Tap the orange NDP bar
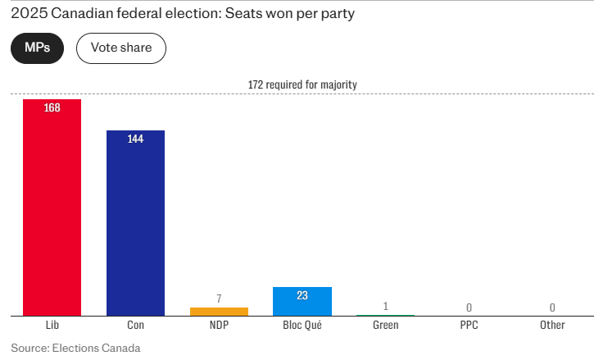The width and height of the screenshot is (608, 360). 219,312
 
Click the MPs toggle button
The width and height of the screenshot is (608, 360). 37,48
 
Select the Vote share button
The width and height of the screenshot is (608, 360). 120,48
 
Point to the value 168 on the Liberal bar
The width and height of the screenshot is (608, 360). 52,108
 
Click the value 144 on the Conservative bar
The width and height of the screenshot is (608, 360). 135,139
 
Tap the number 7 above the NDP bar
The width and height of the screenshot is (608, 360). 219,298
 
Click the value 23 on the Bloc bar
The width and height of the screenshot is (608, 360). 302,296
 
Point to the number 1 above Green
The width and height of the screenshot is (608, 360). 385,306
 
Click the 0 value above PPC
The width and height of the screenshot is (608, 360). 469,308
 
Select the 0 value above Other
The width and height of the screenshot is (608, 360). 552,308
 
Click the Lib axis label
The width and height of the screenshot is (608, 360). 52,326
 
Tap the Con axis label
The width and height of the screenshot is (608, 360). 135,326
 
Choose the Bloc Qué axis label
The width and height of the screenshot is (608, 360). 302,326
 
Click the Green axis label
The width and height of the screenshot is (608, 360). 385,326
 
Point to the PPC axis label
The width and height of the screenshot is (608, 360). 469,326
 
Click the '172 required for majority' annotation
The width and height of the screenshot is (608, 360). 302,84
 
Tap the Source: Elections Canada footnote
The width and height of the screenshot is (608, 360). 70,348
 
